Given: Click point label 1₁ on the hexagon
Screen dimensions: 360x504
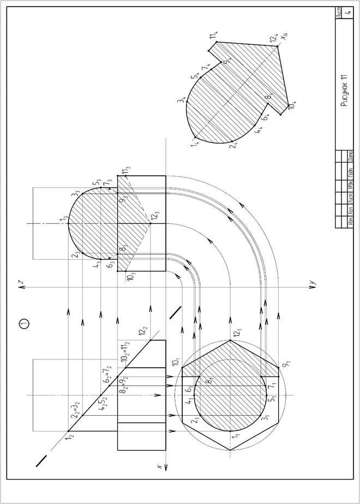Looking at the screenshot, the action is pos(235,436).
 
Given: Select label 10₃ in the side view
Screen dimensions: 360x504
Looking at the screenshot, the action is pos(130,276).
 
